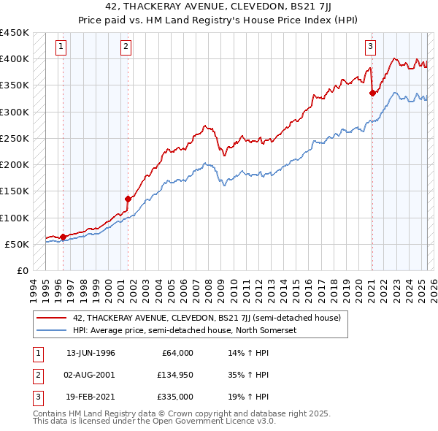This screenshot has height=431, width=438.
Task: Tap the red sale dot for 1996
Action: click(x=63, y=237)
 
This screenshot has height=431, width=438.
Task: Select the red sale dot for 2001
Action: click(x=128, y=199)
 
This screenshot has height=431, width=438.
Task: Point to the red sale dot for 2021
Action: click(x=372, y=93)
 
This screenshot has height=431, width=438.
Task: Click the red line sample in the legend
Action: click(x=52, y=319)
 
